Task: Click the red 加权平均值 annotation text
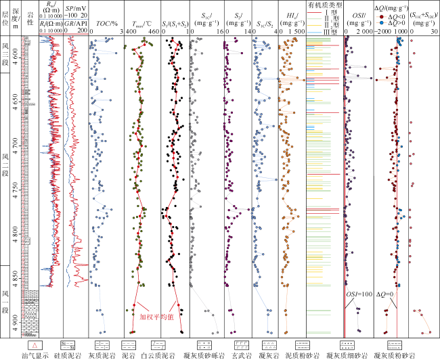click(x=155, y=315)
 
